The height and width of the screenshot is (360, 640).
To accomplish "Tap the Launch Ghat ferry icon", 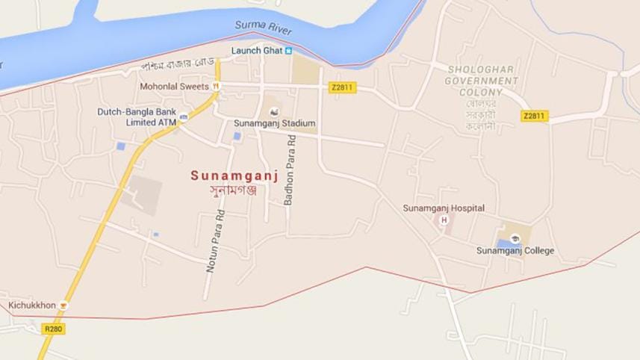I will pyautogui.click(x=290, y=50).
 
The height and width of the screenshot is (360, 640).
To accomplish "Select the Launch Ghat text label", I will pyautogui.click(x=256, y=50).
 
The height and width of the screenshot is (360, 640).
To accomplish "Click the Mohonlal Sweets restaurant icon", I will pyautogui.click(x=215, y=87).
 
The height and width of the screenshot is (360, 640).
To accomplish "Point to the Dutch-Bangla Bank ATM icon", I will pyautogui.click(x=183, y=117).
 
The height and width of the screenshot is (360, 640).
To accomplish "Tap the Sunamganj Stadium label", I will pyautogui.click(x=275, y=123).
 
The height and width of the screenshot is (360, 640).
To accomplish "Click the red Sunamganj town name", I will pyautogui.click(x=234, y=176).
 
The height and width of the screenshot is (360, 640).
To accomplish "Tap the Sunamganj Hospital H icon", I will pyautogui.click(x=444, y=220).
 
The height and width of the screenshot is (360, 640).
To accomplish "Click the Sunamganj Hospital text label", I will pyautogui.click(x=444, y=208).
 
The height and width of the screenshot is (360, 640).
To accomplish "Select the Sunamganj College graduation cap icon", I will pyautogui.click(x=515, y=238).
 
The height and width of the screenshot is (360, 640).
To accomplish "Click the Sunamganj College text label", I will pyautogui.click(x=515, y=251).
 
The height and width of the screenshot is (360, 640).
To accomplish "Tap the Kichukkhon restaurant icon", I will pyautogui.click(x=64, y=305).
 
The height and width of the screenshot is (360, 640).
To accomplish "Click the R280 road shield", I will pyautogui.click(x=53, y=329).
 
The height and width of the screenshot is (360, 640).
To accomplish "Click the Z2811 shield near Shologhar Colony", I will pyautogui.click(x=535, y=116).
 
